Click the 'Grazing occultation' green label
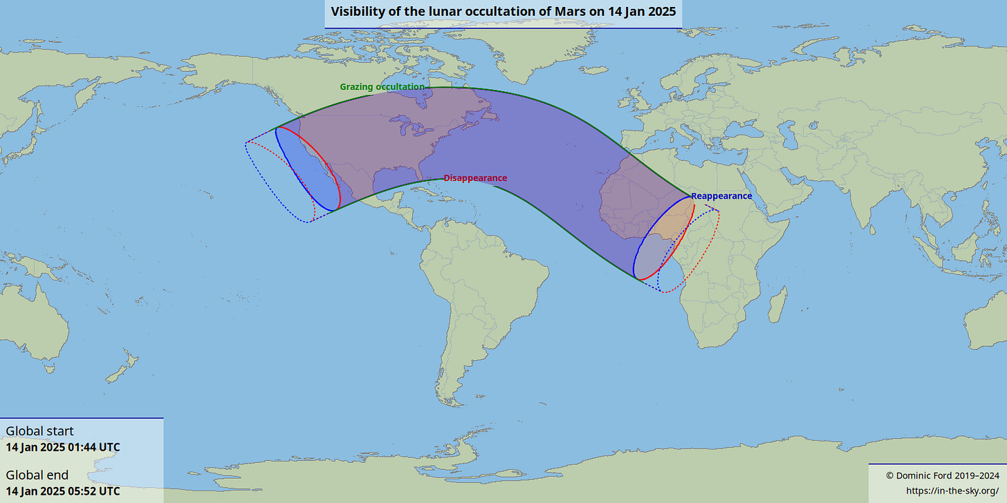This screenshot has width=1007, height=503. [382, 87]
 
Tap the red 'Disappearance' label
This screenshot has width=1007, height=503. [475, 178]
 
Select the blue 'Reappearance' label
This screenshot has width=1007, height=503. [721, 196]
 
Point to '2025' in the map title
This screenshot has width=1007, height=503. [662, 12]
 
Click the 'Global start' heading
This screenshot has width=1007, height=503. [39, 431]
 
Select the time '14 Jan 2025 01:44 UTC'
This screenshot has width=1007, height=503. [62, 447]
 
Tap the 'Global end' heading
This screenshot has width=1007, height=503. [37, 475]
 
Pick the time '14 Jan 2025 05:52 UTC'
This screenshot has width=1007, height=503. [62, 491]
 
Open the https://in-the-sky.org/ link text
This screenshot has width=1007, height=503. [951, 491]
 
